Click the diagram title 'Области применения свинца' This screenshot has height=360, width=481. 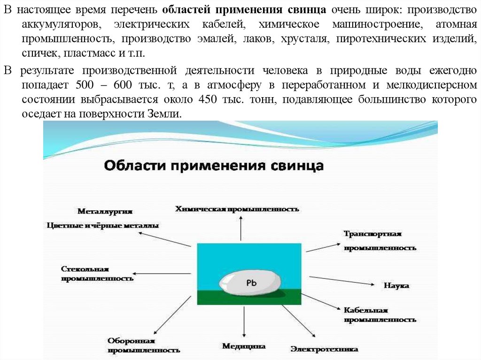pos(213,166)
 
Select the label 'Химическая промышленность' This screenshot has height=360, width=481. pos(237,209)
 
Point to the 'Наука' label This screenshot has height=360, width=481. pos(396,285)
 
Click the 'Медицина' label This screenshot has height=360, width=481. pos(244,346)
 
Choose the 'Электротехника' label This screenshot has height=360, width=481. pos(324,349)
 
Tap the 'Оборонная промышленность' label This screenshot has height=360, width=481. pos(144,345)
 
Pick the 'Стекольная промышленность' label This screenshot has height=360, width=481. pos(97,274)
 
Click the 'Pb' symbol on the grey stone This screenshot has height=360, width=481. pos(251,283)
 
